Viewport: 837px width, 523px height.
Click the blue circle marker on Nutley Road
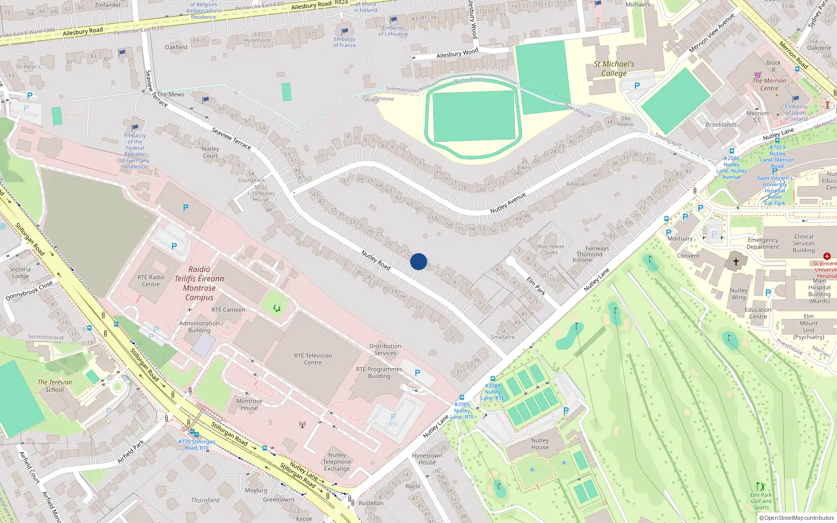coord(418,261)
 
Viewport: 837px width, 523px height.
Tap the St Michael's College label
coord(614,69)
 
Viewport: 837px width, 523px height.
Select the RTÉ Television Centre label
coord(313,359)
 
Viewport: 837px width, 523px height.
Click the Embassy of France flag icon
coord(344,31)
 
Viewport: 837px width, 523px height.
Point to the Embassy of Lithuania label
coord(393,31)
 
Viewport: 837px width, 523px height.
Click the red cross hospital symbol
coord(827,256)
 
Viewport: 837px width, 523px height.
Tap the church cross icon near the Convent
coord(736,261)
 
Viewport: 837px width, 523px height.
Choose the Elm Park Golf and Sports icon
coord(760,487)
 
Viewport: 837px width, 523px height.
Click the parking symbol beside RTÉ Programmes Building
coord(417,373)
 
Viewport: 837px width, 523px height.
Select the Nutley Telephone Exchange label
coord(337,462)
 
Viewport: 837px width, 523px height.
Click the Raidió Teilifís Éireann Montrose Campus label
coord(199,283)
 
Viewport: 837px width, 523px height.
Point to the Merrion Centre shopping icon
coord(757,75)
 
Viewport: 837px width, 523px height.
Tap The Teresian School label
coord(54,385)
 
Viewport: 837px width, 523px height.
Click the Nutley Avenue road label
coord(507,203)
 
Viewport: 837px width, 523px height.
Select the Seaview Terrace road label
coord(231,138)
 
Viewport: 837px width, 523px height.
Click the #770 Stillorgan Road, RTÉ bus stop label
coord(196,445)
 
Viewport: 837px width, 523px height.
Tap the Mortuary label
coord(680,238)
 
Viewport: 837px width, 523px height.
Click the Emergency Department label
coord(763,243)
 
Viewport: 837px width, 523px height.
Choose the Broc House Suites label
coord(551,249)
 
